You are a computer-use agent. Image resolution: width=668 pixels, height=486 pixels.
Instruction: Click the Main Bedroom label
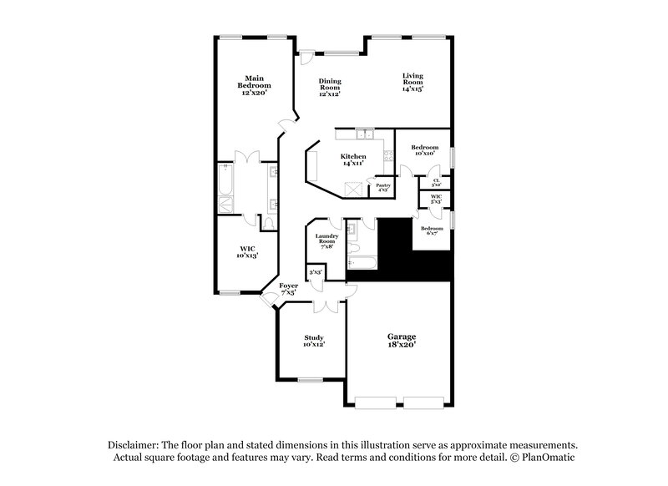pos(255,86)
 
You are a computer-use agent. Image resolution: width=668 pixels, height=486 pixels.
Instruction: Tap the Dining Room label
pos(331,87)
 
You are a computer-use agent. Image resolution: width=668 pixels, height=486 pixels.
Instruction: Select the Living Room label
pos(412,83)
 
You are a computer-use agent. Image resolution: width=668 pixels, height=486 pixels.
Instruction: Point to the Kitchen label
pos(352,159)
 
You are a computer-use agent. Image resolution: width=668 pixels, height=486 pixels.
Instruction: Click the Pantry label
pos(383,188)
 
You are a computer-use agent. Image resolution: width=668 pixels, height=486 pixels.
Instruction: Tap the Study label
pos(313,340)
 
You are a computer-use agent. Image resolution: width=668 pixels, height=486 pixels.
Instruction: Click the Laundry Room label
pos(326,241)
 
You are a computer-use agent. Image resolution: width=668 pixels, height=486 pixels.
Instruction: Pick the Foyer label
pos(289,289)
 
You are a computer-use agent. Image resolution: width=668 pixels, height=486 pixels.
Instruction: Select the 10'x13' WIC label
pos(247,252)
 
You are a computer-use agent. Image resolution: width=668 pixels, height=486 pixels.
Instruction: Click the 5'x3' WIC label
pos(436,200)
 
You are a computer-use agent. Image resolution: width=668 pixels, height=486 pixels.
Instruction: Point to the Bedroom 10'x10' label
pos(424,150)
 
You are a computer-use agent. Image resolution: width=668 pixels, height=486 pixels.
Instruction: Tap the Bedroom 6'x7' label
pos(432,230)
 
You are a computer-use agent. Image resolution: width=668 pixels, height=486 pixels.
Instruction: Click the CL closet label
pos(436,181)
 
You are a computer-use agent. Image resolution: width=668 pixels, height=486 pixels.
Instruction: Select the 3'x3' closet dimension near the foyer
pos(316,272)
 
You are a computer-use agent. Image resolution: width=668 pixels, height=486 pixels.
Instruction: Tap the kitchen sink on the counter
pos(364,134)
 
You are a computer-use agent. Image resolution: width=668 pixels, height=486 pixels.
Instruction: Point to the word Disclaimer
pos(134,445)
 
